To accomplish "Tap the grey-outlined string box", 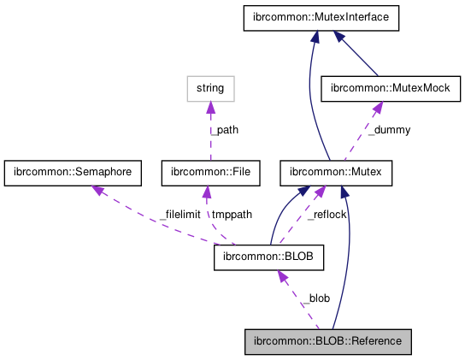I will (210, 87).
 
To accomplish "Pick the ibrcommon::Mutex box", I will (336, 173).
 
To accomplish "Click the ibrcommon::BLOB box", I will (268, 257).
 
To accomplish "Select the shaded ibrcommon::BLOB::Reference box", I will (329, 340).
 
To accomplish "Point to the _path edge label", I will (225, 130).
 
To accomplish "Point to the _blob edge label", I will (317, 298).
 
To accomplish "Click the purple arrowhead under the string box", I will (210, 106).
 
